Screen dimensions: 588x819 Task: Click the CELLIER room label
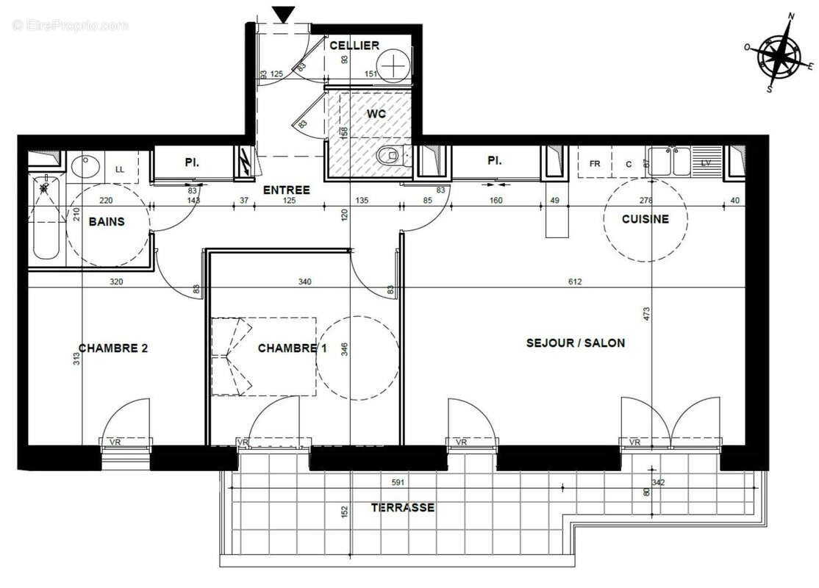click(x=354, y=46)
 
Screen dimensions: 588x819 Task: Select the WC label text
click(x=376, y=115)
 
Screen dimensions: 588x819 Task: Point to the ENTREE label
click(x=286, y=190)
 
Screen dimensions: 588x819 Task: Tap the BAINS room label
click(x=107, y=221)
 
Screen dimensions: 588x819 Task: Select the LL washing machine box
click(x=120, y=170)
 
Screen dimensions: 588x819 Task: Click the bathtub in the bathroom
click(x=46, y=217)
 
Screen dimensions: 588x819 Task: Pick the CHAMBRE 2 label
click(x=113, y=348)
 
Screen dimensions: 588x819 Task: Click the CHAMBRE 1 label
click(x=292, y=348)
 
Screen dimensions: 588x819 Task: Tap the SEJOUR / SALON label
click(x=576, y=343)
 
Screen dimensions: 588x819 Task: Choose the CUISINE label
click(x=645, y=219)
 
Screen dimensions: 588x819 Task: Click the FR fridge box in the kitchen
click(x=595, y=164)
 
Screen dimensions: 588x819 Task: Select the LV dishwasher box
click(x=706, y=162)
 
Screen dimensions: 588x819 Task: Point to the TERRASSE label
click(x=402, y=508)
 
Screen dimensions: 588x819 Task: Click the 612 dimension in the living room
click(x=574, y=282)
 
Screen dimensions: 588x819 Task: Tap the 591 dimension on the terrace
click(x=397, y=483)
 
